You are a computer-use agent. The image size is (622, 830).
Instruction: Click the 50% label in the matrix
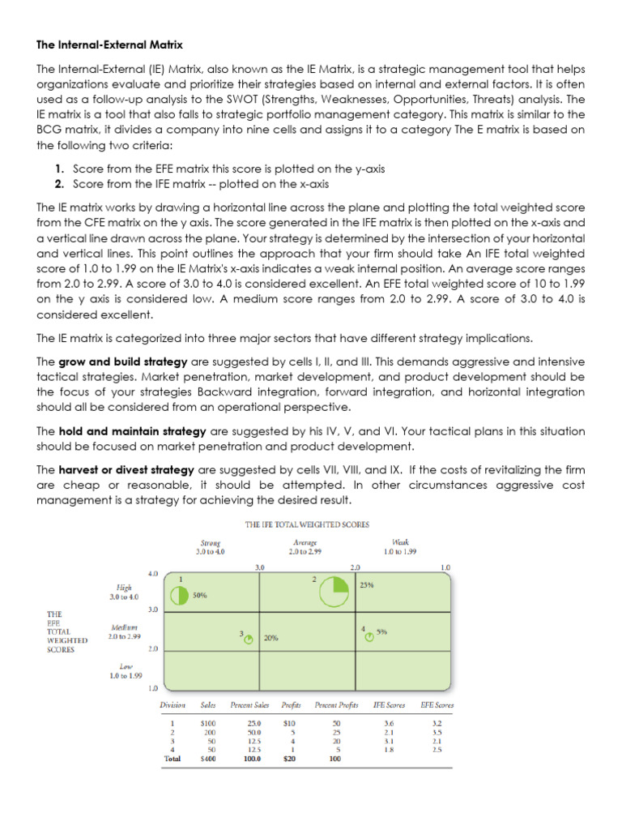tap(200, 594)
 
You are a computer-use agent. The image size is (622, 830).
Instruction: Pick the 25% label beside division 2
tap(366, 584)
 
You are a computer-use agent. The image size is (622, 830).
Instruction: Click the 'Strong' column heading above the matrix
tap(211, 542)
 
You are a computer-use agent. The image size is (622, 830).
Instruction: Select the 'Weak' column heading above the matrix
tap(400, 542)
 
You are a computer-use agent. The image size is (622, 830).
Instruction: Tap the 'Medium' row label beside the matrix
tap(125, 627)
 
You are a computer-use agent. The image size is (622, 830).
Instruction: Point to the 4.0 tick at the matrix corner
tap(152, 574)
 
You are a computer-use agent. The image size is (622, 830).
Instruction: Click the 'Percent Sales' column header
tap(250, 705)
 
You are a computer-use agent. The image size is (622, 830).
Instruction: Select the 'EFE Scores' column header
tap(437, 705)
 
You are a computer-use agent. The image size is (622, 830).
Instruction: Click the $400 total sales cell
tap(207, 759)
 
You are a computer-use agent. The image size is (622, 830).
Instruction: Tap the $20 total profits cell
tap(289, 759)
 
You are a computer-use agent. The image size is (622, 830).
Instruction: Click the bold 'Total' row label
tap(173, 759)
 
